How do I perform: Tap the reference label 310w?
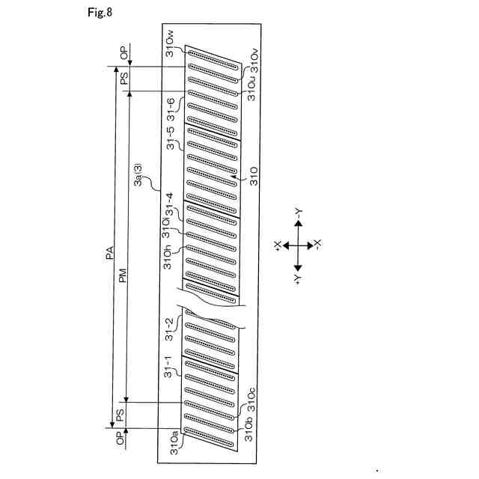pyautogui.click(x=171, y=43)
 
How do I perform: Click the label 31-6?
pyautogui.click(x=171, y=109)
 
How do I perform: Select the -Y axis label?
pyautogui.click(x=298, y=212)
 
